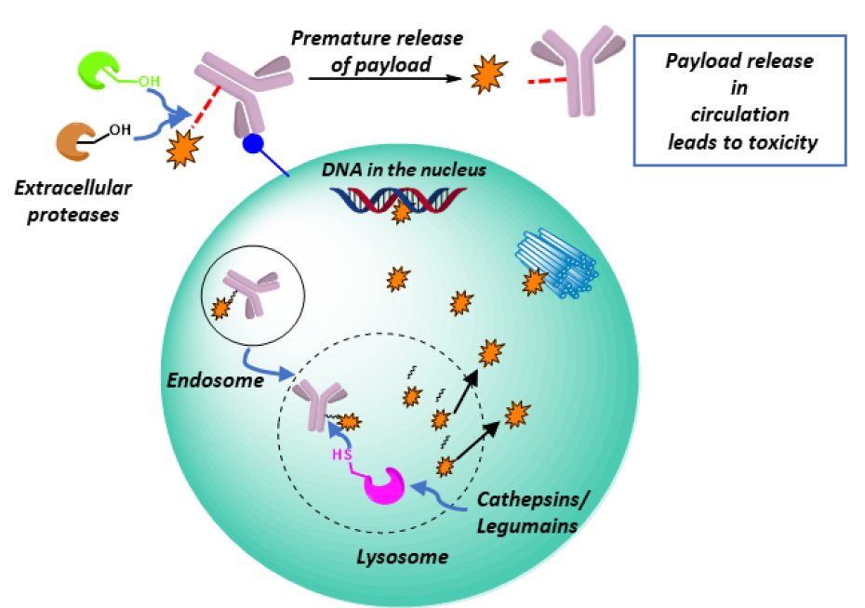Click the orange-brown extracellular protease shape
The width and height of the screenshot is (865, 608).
(74, 141)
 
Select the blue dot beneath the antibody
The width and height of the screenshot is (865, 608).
(253, 143)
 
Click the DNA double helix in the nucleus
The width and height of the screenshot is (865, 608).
(398, 201)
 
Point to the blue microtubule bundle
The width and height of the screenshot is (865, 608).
(557, 263)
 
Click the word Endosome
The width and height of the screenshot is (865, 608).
(215, 380)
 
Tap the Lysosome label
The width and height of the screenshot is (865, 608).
(402, 557)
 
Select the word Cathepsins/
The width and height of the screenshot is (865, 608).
(533, 499)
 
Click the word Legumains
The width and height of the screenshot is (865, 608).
(526, 526)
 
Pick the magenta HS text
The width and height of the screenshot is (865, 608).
(341, 456)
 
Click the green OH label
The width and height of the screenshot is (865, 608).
(149, 82)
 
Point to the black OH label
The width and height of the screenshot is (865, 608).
(120, 130)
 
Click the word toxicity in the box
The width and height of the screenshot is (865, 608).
(782, 143)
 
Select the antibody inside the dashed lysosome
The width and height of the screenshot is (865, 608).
(319, 407)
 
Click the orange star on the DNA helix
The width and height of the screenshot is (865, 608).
(401, 212)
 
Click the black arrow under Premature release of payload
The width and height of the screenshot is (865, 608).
(385, 78)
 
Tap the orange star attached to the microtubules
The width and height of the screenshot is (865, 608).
(534, 283)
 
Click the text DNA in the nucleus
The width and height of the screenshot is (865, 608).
(404, 170)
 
